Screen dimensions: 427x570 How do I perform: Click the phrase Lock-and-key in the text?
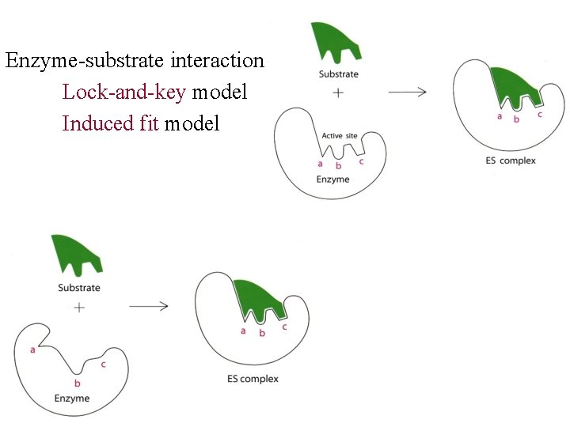(124, 93)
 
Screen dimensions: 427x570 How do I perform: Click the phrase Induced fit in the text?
(111, 124)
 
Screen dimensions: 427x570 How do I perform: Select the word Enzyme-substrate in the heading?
(85, 61)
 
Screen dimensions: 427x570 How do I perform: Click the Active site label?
(340, 136)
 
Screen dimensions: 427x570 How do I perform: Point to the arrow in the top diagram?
(408, 92)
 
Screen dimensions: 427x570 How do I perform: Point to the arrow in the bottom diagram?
(149, 306)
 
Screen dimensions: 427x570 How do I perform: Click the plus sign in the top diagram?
(338, 93)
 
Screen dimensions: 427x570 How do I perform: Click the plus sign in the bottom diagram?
(79, 307)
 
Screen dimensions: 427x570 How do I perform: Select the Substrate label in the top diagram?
(338, 74)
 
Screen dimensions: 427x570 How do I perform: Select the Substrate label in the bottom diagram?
(79, 288)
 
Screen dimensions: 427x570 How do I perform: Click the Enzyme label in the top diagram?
(332, 179)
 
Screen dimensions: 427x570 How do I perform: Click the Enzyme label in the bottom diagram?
(72, 398)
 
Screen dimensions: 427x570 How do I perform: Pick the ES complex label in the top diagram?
(511, 161)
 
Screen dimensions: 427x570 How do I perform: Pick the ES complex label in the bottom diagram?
(248, 379)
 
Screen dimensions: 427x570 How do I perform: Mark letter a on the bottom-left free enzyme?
(32, 349)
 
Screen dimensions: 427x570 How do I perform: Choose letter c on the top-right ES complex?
(539, 115)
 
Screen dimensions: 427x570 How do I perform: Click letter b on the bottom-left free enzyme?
(78, 383)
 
